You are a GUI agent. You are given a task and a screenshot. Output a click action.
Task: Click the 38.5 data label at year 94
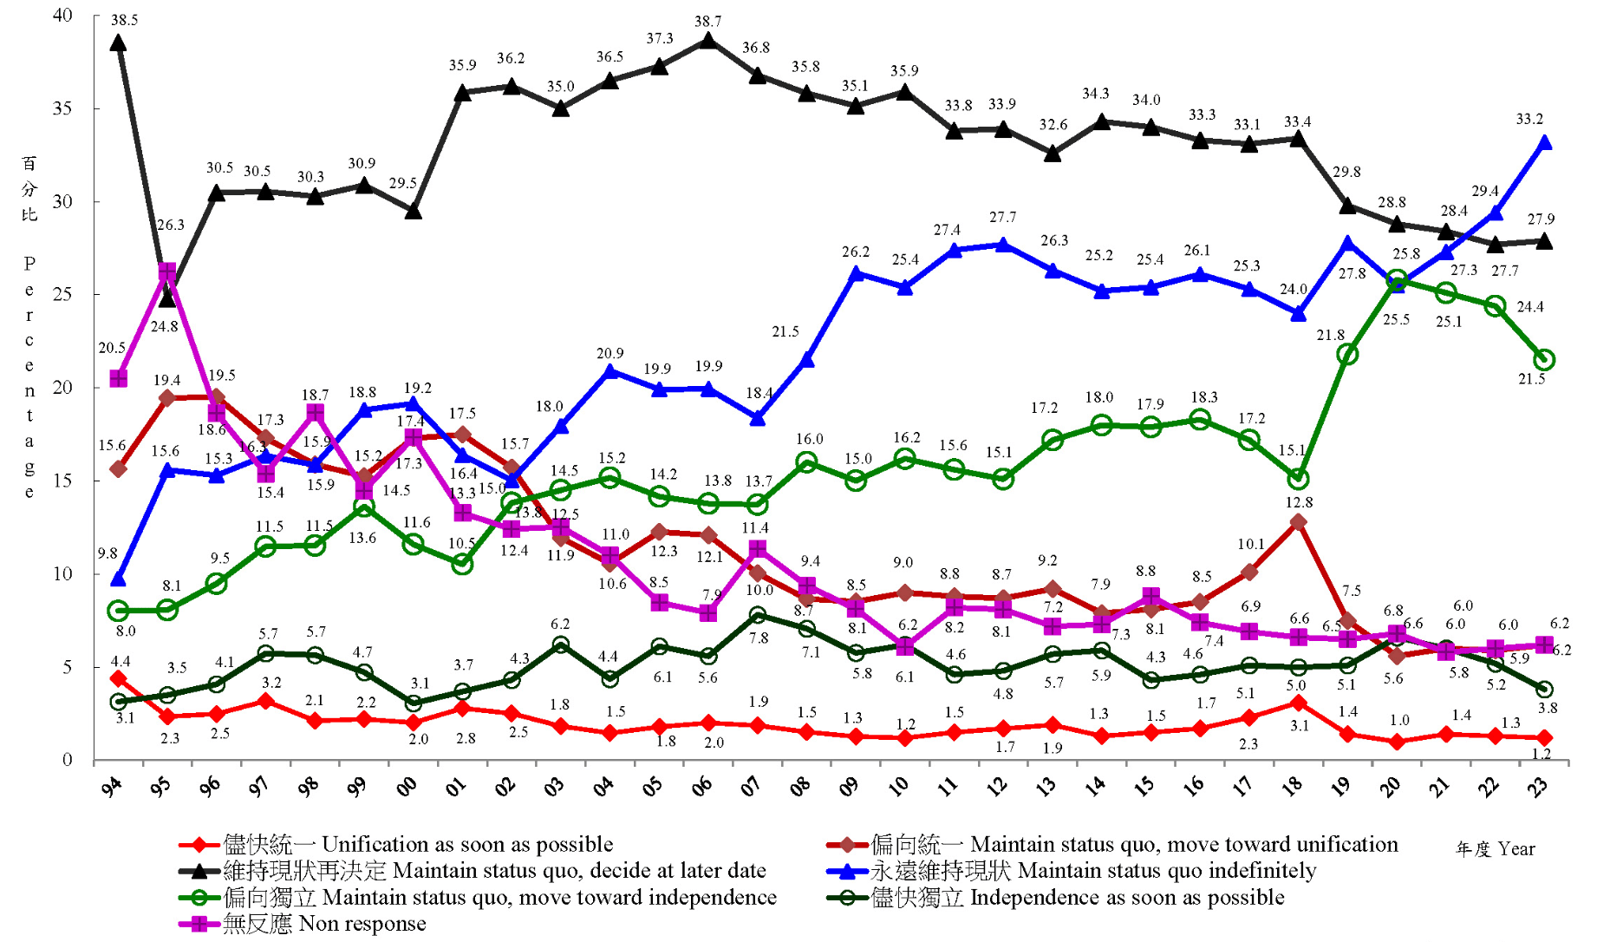(124, 20)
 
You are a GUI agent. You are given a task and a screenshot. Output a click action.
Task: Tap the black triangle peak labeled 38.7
(708, 41)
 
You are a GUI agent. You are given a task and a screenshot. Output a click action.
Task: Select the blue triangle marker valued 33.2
(1543, 143)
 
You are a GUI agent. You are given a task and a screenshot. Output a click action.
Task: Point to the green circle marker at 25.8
(1396, 280)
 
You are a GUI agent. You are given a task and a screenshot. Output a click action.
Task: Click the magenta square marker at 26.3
(167, 271)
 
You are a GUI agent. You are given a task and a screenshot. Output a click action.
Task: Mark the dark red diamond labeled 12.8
(1298, 522)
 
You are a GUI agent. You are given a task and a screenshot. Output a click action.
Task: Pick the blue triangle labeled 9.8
(118, 579)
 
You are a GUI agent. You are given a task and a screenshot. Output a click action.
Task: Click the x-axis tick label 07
(751, 786)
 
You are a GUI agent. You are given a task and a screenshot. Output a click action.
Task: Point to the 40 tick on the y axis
(62, 16)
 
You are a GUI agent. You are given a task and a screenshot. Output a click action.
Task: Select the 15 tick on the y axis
(62, 481)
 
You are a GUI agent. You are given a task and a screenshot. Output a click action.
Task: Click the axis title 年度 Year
(1495, 849)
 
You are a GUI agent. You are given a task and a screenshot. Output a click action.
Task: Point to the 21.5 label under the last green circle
(1531, 379)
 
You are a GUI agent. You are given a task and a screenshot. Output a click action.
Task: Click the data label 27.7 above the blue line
(1002, 218)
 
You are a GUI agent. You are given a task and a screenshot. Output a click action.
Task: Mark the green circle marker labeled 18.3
(1200, 420)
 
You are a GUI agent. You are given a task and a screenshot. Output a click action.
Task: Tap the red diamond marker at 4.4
(119, 678)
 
